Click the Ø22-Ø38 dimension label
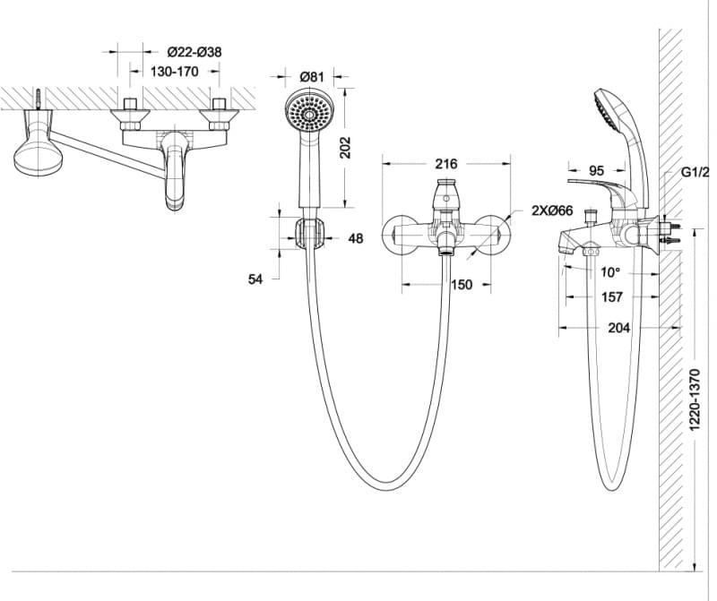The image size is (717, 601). click(194, 52)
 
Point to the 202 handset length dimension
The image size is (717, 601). click(346, 147)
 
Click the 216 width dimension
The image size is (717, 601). click(445, 164)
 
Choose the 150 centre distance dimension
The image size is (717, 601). click(461, 285)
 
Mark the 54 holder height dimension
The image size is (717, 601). click(255, 279)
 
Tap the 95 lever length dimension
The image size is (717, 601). click(598, 170)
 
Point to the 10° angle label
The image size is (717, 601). click(609, 272)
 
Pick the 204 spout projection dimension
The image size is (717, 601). click(618, 328)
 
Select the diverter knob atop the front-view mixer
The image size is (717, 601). click(445, 193)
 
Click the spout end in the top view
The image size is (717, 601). click(176, 199)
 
